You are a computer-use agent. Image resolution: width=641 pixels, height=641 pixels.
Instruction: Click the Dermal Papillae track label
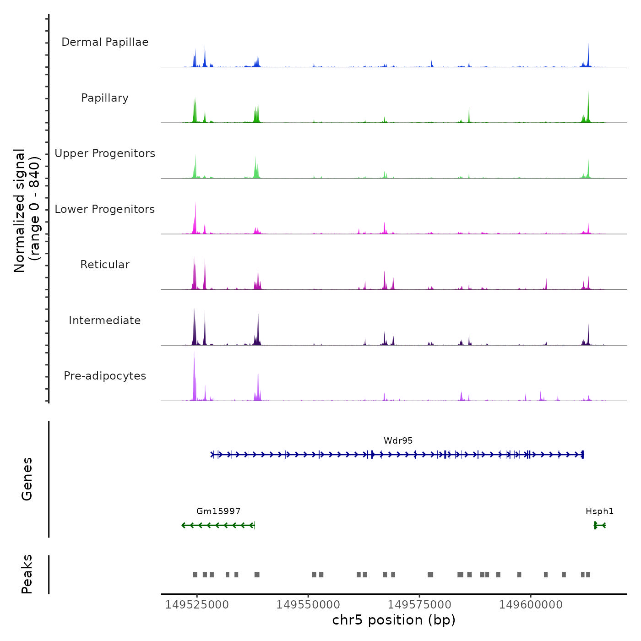105,42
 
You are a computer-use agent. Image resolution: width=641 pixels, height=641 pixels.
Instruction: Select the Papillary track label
105,98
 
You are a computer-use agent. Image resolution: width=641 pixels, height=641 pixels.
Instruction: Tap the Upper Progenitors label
105,153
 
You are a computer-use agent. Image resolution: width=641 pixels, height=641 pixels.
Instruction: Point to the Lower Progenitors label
105,209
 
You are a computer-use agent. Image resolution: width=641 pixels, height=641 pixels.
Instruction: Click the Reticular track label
105,265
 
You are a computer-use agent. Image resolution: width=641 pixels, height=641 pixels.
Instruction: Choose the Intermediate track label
105,320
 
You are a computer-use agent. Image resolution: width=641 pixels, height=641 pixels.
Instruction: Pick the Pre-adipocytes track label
105,376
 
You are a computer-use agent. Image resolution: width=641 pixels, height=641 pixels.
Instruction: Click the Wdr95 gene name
398,440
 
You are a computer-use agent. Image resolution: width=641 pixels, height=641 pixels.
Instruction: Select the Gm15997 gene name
218,511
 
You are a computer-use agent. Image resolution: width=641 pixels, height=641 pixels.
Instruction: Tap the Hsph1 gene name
599,511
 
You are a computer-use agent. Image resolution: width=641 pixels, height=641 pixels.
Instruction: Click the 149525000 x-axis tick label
197,605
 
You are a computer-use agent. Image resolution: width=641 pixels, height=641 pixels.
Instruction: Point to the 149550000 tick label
308,605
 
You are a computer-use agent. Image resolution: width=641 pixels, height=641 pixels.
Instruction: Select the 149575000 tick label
419,605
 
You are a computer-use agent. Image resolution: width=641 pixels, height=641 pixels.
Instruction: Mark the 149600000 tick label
531,605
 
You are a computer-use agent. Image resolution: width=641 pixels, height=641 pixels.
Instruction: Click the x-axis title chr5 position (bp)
394,620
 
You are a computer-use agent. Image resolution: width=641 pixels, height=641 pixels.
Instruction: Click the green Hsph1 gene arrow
600,525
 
